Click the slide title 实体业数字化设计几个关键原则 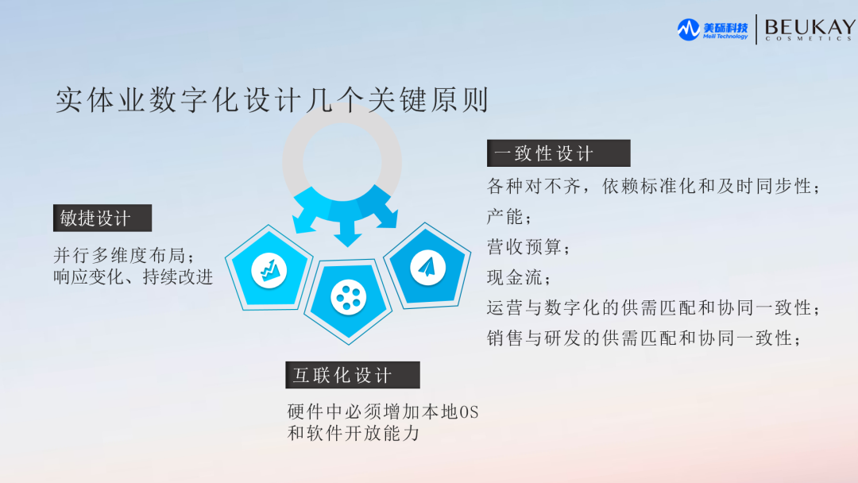(272, 102)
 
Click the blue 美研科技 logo (713, 30)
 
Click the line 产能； (509, 217)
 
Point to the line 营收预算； (528, 247)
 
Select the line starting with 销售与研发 (644, 338)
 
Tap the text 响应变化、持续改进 (133, 277)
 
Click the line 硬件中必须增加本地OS (383, 413)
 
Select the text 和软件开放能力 (354, 434)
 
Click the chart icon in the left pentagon (268, 272)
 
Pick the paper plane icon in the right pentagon (427, 267)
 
